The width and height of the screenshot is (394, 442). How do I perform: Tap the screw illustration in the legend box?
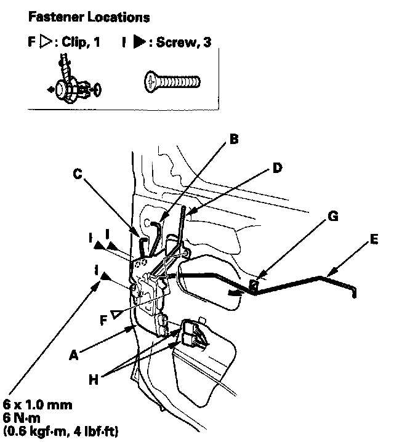172,80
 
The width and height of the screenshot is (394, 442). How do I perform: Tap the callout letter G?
333,215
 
